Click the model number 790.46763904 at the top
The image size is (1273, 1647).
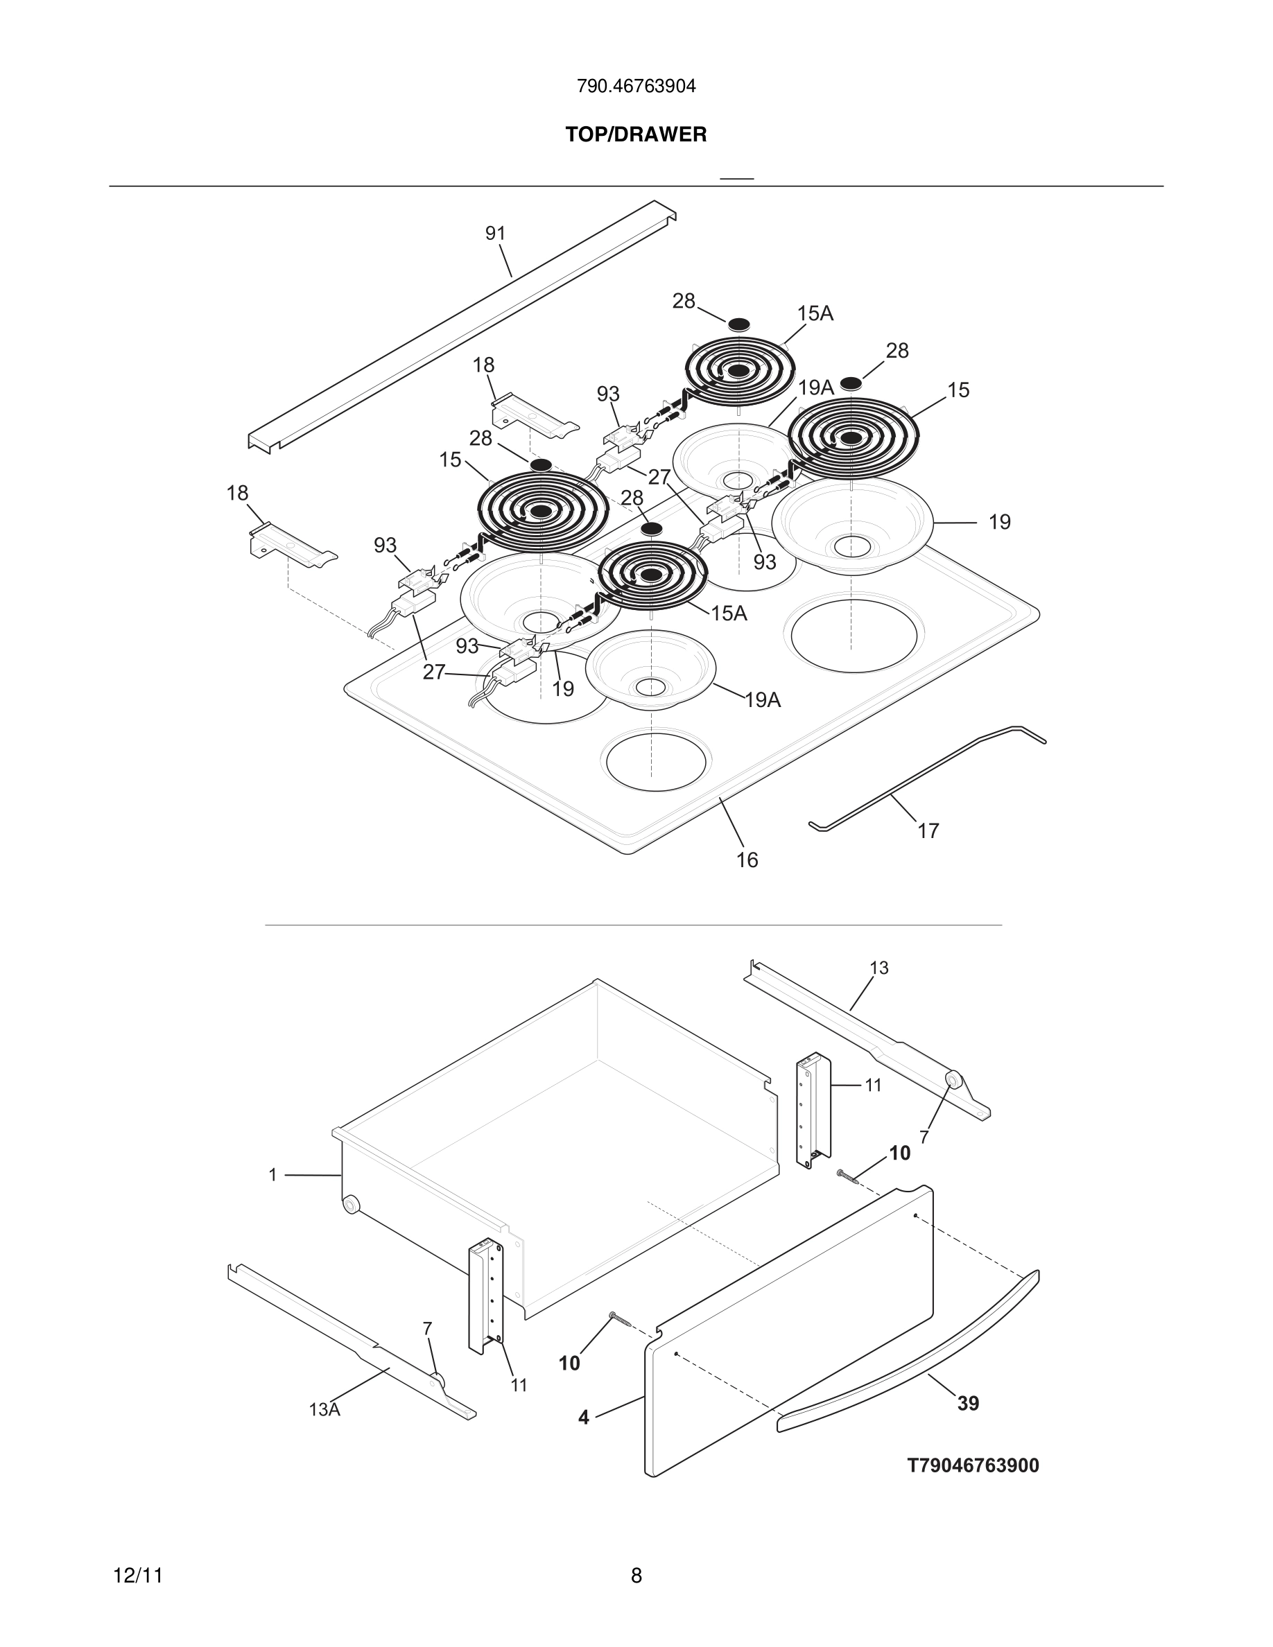click(636, 87)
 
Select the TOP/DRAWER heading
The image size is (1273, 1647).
click(636, 135)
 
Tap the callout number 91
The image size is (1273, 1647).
click(495, 234)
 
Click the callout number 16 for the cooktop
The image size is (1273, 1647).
click(747, 860)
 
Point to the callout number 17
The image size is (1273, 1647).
click(928, 830)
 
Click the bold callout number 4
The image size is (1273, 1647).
click(584, 1417)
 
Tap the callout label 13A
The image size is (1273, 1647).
click(324, 1409)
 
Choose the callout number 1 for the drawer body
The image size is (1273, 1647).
click(273, 1175)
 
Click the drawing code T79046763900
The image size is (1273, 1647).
click(972, 1465)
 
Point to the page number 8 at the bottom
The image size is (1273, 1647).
click(636, 1576)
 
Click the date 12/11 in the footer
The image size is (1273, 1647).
click(138, 1576)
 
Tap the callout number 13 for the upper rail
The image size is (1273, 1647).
click(878, 968)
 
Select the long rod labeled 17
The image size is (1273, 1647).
click(928, 777)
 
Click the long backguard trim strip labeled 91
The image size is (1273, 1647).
click(460, 324)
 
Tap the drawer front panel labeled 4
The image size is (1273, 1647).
click(792, 1327)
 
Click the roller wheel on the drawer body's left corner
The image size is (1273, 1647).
click(351, 1204)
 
